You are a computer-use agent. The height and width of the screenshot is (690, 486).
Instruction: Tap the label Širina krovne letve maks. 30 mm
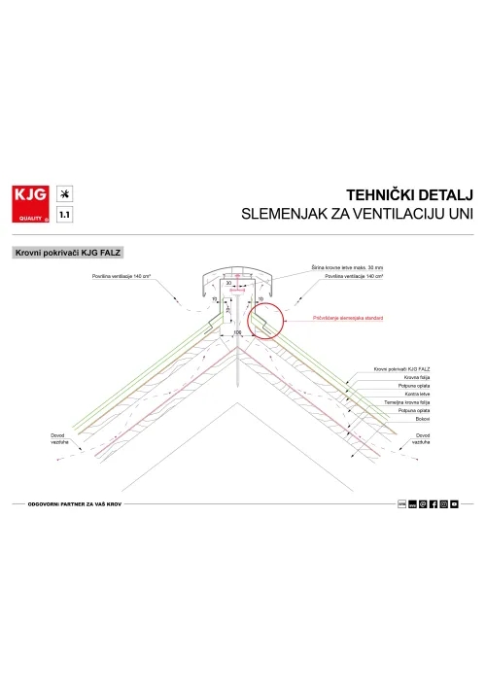coord(347,266)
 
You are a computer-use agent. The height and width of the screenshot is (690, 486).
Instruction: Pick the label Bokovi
coord(388,420)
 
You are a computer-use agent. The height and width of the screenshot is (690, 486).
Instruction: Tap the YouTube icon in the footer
coord(454,504)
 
